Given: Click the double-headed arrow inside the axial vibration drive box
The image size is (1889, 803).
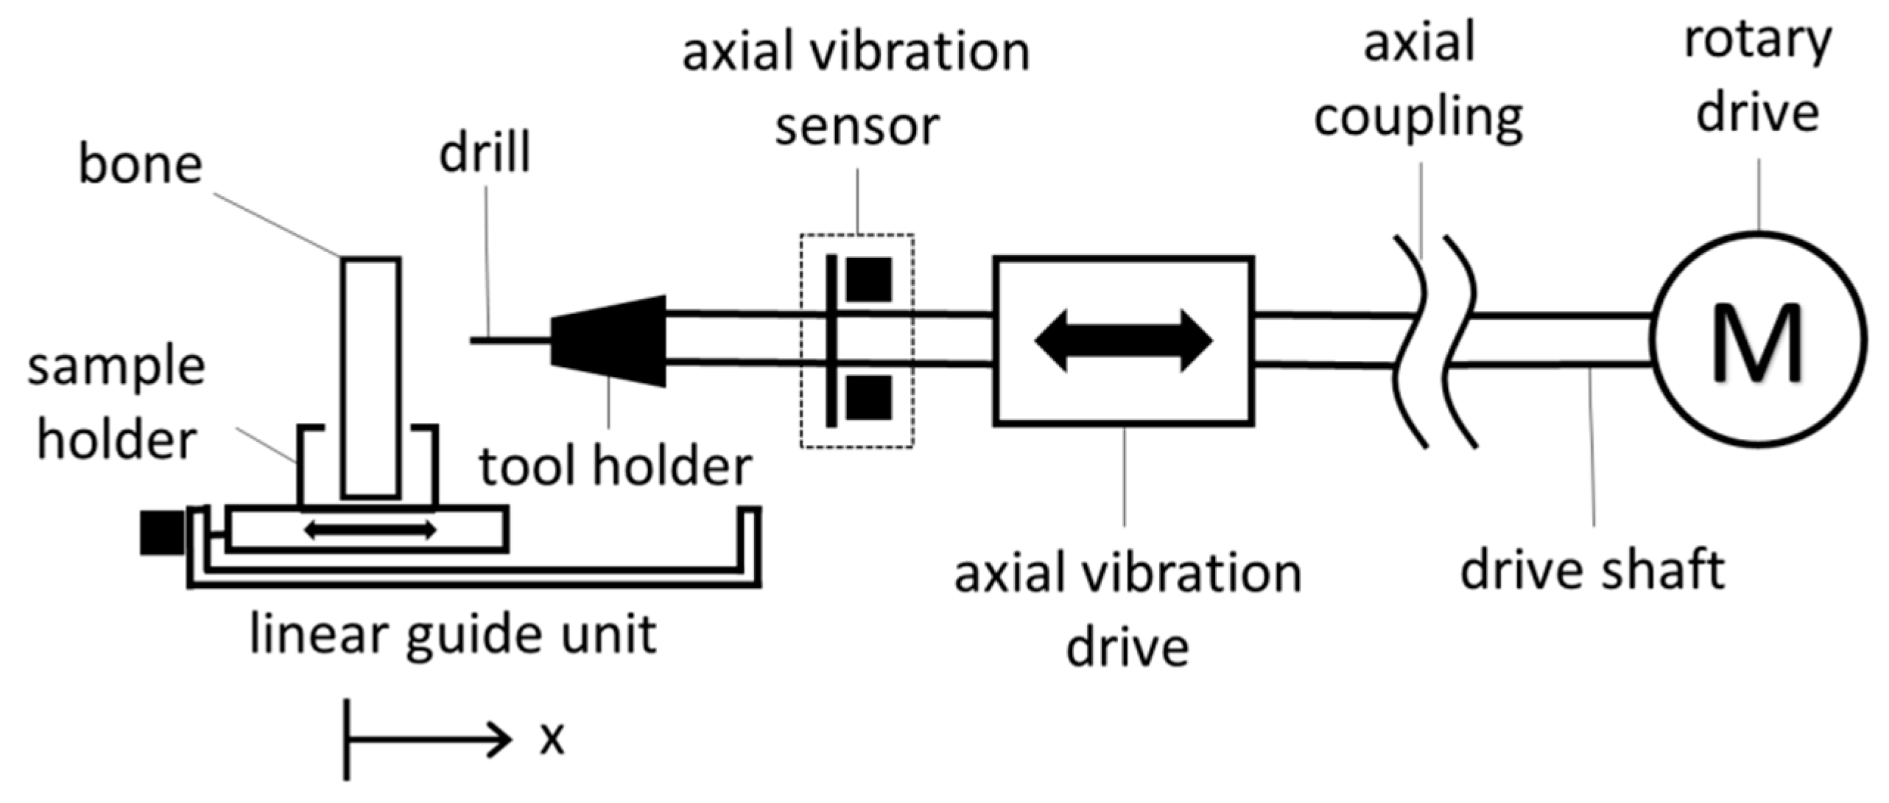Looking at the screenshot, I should coord(1123,340).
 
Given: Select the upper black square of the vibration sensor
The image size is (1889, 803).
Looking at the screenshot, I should coord(869,280).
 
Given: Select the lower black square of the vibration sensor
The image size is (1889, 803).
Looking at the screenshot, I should coord(869,398).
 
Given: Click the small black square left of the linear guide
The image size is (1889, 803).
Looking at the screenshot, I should coord(161,533).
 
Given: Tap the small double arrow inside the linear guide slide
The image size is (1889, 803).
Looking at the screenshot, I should coord(370,529).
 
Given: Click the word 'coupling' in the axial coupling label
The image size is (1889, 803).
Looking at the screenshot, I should coord(1418,118).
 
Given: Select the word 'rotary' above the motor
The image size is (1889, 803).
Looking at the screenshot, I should coord(1758,41).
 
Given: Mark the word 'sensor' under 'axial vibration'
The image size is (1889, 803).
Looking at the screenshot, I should coord(856,127).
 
